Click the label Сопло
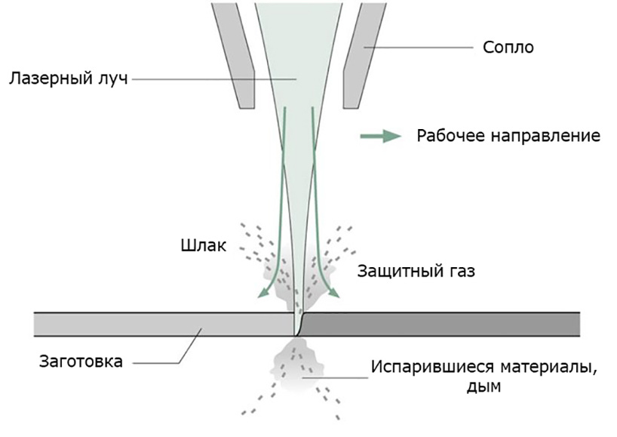click(x=508, y=48)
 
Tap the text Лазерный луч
click(x=69, y=78)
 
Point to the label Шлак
click(x=204, y=245)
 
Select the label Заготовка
click(x=81, y=362)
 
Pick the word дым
click(x=483, y=386)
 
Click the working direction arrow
click(x=380, y=136)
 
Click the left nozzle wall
click(x=233, y=56)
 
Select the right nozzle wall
click(x=364, y=56)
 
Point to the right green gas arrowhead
click(x=333, y=293)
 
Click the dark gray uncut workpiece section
click(x=439, y=325)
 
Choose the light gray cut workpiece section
click(x=164, y=325)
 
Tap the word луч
click(x=112, y=79)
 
